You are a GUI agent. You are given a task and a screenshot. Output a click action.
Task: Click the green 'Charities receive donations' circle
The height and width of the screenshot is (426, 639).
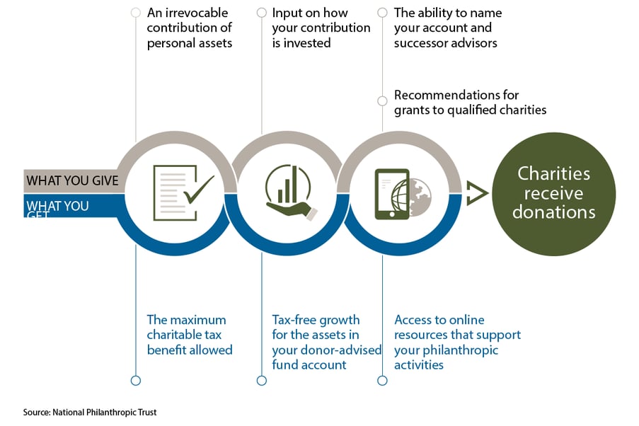click(554, 193)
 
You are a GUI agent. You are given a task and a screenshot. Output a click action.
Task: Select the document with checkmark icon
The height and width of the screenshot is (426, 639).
click(183, 192)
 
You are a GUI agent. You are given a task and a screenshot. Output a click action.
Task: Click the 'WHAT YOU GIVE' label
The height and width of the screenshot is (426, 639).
click(72, 180)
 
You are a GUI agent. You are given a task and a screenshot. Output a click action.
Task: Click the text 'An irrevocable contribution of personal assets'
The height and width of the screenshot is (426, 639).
click(190, 28)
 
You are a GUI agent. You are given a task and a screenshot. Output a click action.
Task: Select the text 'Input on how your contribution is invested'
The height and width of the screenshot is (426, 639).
click(321, 28)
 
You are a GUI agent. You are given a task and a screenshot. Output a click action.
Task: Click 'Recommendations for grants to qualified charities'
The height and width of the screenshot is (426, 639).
click(470, 102)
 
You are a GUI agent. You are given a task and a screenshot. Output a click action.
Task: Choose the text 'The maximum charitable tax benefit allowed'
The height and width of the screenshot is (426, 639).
click(190, 334)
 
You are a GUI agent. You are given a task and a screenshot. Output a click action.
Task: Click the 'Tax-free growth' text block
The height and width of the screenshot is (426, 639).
click(326, 342)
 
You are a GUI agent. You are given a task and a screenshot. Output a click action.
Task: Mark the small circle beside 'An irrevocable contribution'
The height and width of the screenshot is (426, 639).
click(135, 13)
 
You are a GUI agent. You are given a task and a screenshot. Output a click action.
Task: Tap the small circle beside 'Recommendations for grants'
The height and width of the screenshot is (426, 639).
click(383, 101)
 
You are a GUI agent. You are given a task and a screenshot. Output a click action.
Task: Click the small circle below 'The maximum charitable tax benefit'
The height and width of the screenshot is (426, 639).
click(135, 381)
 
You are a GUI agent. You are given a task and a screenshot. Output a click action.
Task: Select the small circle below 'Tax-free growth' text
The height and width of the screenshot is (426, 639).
click(262, 381)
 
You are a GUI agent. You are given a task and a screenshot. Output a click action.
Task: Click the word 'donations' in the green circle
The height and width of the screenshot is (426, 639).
click(554, 212)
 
